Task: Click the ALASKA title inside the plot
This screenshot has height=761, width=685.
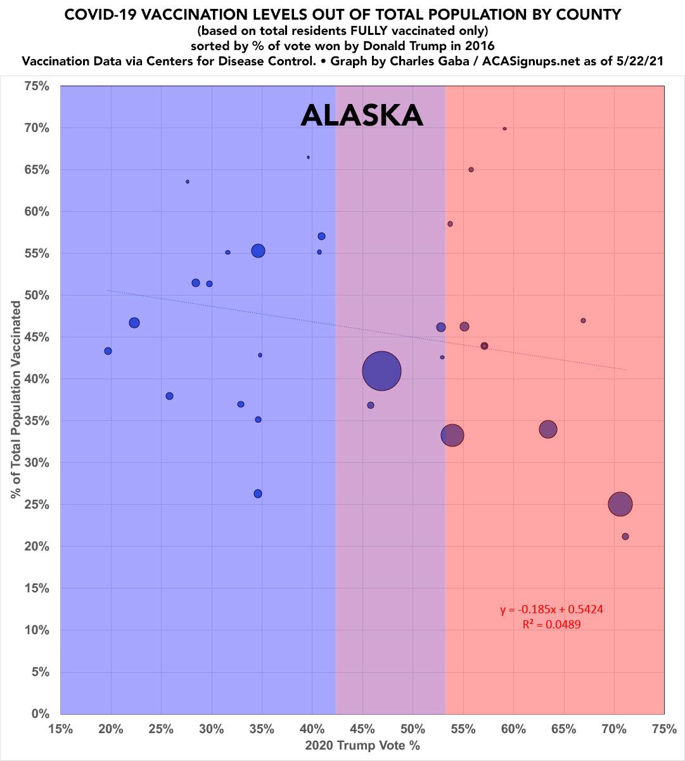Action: [362, 115]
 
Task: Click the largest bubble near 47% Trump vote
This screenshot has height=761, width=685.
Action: [381, 371]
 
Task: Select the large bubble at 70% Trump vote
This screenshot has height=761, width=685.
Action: [620, 504]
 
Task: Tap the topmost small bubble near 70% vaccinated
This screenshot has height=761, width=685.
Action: [504, 129]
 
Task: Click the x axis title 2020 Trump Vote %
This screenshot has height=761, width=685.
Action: [362, 745]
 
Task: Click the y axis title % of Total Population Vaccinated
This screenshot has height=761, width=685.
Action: [15, 400]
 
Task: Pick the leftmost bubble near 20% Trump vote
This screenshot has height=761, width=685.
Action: [108, 351]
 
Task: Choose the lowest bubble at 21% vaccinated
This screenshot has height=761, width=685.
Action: [625, 537]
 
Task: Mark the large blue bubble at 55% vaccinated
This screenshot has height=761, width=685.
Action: [258, 250]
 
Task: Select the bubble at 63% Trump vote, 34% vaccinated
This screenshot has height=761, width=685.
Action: [548, 429]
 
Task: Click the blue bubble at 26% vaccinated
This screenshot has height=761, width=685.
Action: [258, 493]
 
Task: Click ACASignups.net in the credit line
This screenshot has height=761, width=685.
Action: [524, 61]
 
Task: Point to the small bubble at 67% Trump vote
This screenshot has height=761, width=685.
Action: [583, 320]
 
